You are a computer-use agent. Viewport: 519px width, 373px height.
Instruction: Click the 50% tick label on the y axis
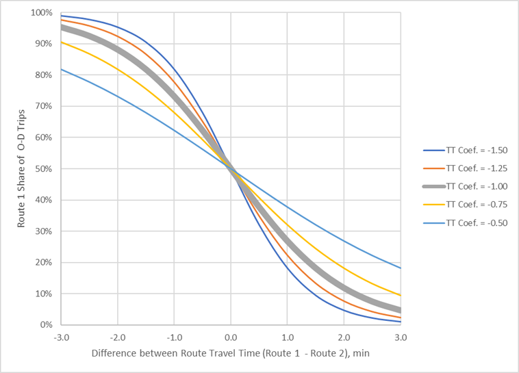(44, 169)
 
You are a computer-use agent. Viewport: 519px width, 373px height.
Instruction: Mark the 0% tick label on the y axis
(46, 325)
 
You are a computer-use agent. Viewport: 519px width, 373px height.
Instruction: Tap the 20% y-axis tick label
(44, 263)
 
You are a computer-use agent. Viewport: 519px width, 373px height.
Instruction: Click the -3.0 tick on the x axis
(61, 337)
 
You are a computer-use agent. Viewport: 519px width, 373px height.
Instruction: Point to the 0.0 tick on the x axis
(231, 337)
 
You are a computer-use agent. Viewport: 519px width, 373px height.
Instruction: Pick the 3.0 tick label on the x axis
(401, 337)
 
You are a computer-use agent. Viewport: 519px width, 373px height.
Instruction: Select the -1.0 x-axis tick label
(174, 337)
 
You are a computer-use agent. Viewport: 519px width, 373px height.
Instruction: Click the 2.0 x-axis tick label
(344, 337)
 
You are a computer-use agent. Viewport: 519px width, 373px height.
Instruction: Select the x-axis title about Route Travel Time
(231, 356)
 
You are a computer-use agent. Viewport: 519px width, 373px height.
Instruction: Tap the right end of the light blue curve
(401, 268)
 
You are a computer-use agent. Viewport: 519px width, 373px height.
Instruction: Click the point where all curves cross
(231, 169)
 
